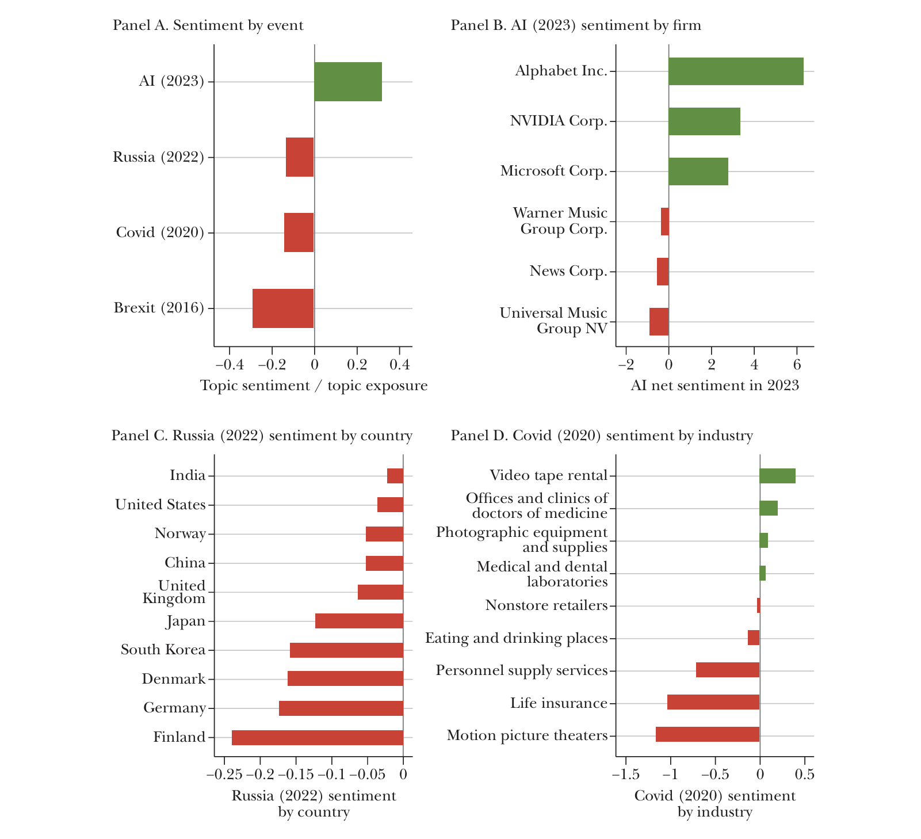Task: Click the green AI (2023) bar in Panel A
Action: point(348,82)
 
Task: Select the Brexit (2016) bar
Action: point(283,308)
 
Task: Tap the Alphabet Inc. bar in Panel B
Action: point(736,71)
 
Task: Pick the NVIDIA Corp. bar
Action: point(704,121)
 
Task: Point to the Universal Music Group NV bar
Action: point(659,322)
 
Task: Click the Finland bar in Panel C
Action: point(318,738)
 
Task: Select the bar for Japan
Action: point(359,621)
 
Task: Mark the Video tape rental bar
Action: point(777,476)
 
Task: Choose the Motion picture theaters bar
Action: point(708,734)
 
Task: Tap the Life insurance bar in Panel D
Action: point(713,702)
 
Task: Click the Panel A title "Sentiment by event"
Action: point(208,25)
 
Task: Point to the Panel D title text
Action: point(601,436)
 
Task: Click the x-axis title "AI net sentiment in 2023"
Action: point(714,385)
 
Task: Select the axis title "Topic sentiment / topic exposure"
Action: point(314,386)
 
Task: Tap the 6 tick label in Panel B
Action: point(797,364)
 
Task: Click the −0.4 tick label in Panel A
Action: point(230,364)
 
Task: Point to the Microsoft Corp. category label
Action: point(553,171)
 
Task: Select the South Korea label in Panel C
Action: point(163,650)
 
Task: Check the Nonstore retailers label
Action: point(547,605)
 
